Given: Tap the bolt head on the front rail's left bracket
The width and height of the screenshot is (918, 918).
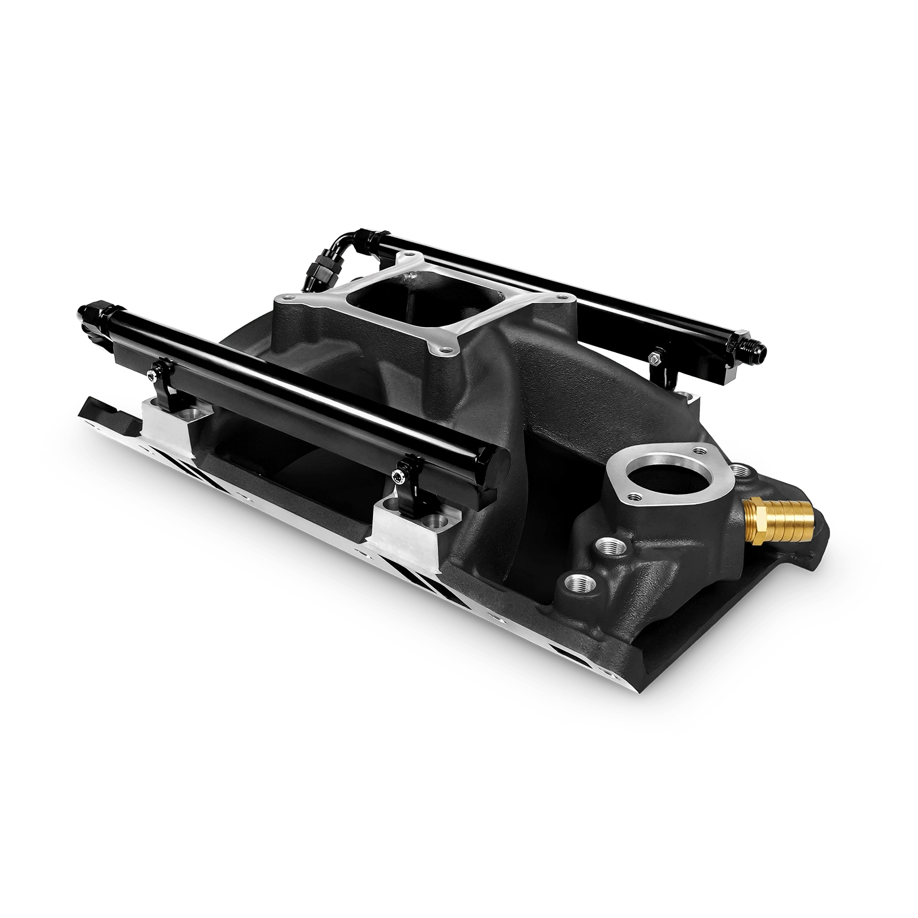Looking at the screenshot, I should point(151,374).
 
